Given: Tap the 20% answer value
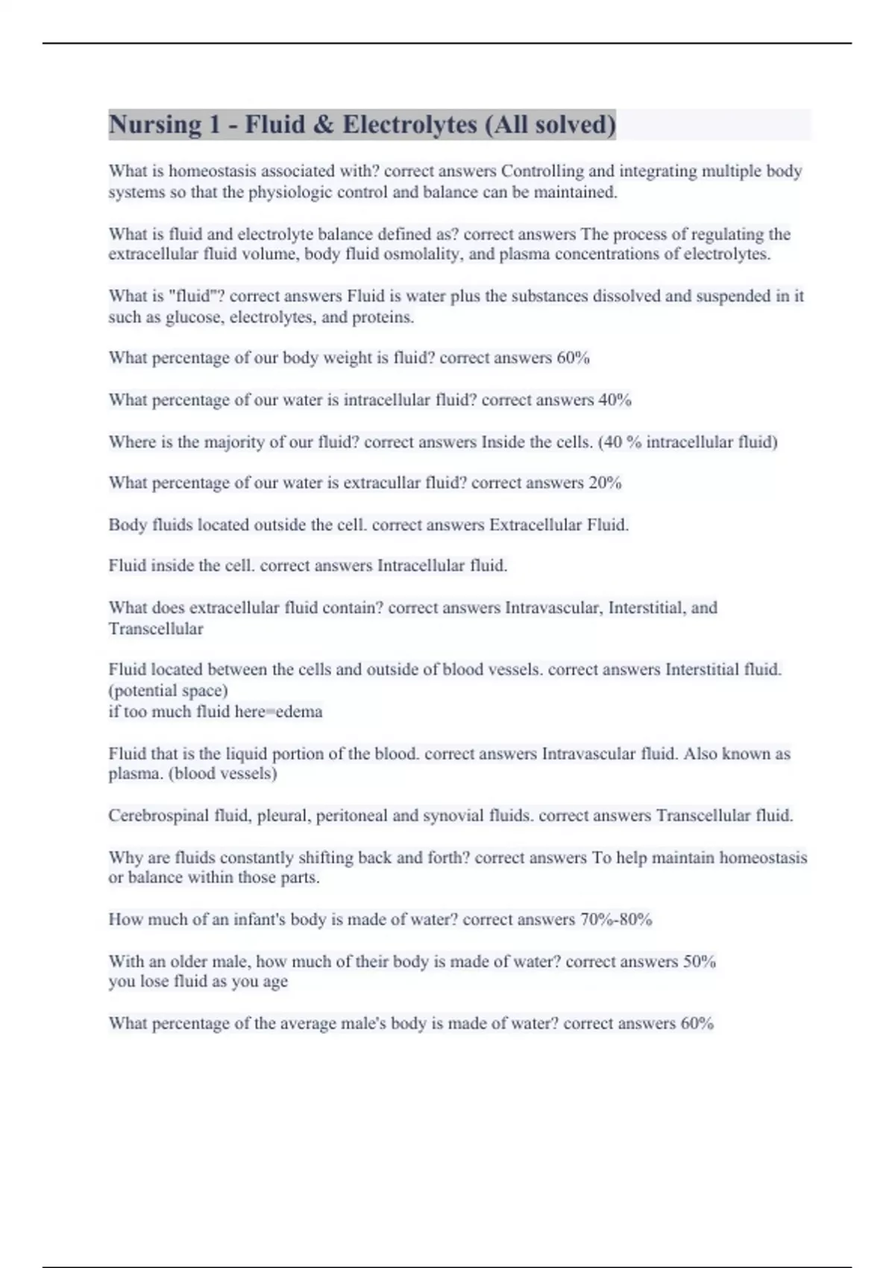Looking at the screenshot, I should [605, 483].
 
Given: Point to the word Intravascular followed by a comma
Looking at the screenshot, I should [554, 608].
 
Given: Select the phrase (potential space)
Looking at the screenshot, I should [169, 691].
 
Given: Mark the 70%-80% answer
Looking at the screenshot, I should [616, 920].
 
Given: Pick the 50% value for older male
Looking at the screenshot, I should [700, 961].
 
